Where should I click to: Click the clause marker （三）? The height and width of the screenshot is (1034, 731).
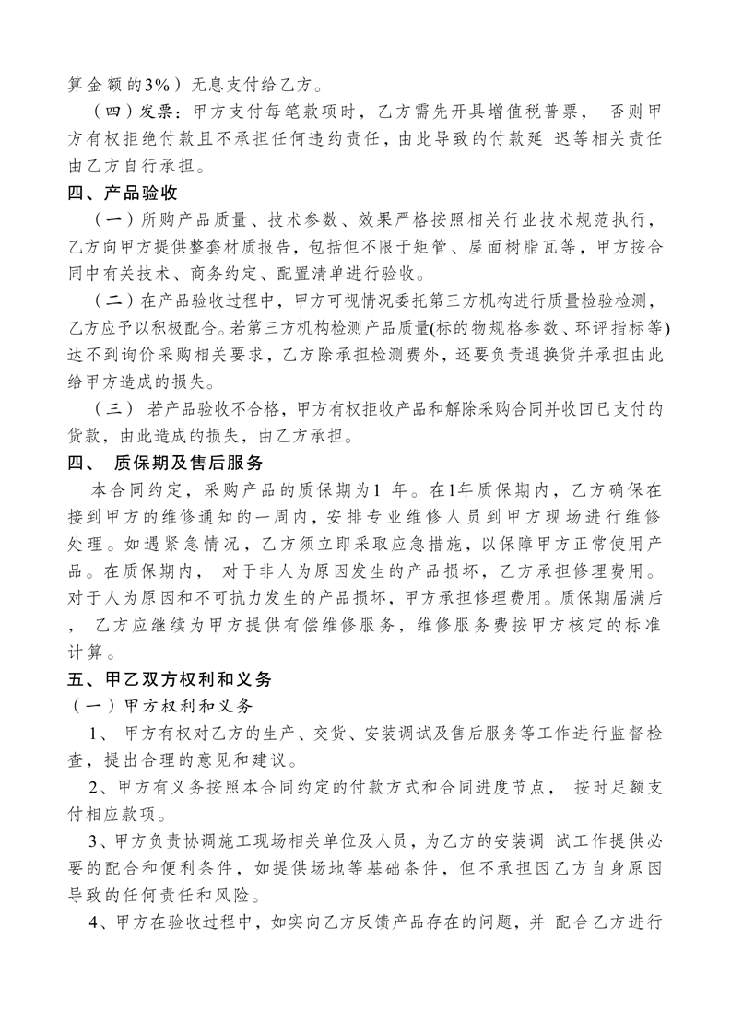pos(114,407)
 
